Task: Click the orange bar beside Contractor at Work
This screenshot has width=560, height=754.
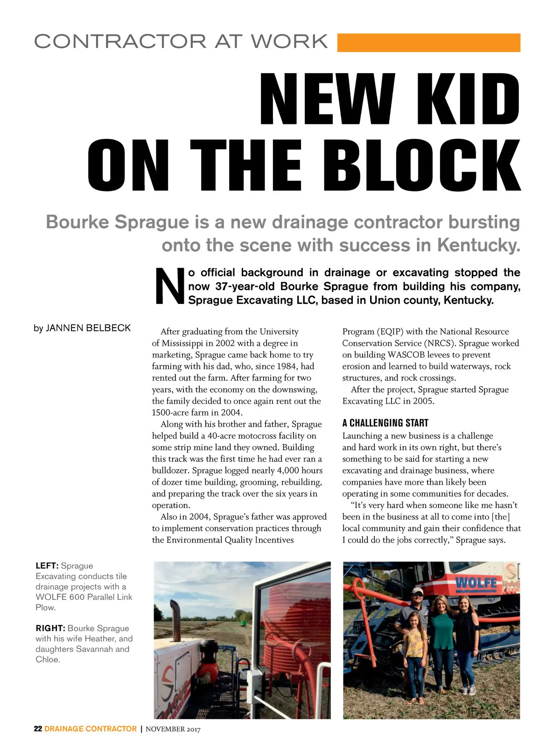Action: tap(428, 42)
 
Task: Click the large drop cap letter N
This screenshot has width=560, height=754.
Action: tap(169, 286)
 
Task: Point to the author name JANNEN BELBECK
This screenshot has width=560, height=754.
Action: tap(89, 328)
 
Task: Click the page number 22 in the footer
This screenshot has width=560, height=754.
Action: tap(38, 729)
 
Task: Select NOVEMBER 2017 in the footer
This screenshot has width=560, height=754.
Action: tap(173, 729)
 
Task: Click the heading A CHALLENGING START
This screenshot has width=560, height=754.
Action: tap(385, 423)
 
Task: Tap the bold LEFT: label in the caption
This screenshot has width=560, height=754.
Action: tap(47, 566)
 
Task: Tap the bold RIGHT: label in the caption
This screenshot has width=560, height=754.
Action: tap(50, 628)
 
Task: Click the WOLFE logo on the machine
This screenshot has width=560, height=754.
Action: tap(476, 583)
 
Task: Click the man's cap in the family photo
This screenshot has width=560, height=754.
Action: tap(417, 591)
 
